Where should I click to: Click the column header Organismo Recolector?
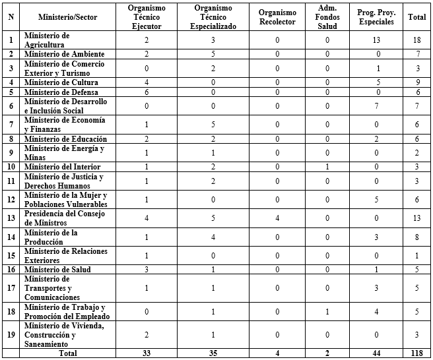pos(277,16)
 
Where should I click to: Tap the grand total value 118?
pos(416,353)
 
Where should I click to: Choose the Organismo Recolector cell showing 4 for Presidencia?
pos(277,218)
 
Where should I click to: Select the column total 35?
pos(213,353)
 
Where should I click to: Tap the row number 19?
pos(10,334)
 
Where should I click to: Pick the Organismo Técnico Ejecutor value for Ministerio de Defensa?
pos(147,93)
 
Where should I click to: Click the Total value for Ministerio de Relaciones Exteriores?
pos(416,255)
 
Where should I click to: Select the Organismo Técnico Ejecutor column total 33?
pos(147,353)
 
